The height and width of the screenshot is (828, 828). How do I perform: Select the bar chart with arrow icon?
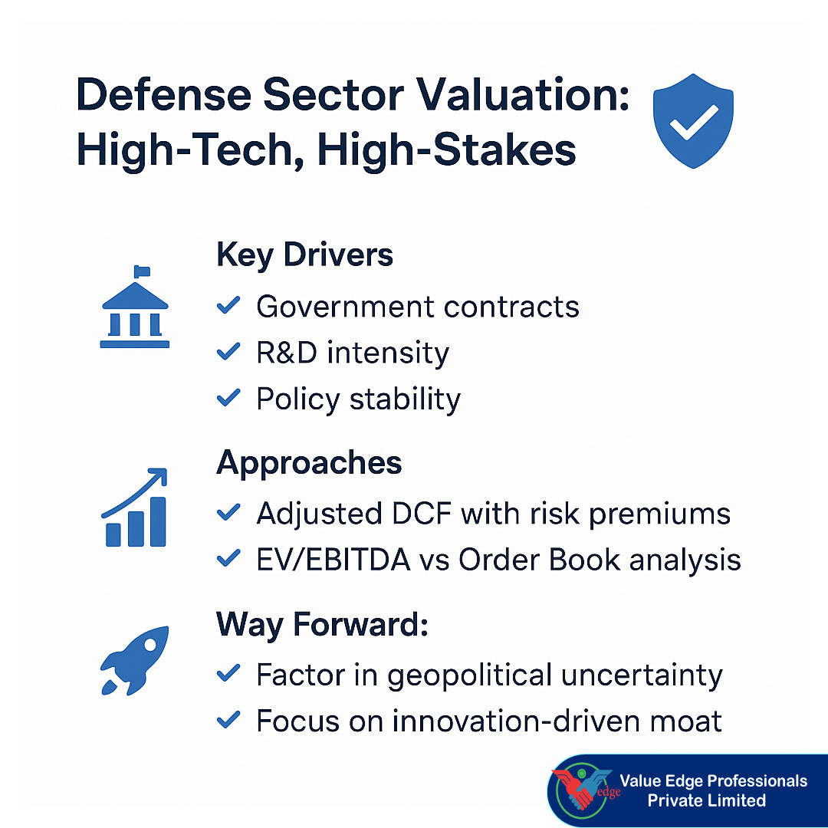pos(135,509)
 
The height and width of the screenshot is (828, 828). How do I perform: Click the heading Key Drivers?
pos(304,255)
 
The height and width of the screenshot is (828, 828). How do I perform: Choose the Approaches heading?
pos(309,463)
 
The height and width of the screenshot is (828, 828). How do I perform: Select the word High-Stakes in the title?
pos(446,150)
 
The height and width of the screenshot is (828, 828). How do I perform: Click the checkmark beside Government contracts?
pos(228,307)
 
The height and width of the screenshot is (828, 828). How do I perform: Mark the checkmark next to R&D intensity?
pos(228,353)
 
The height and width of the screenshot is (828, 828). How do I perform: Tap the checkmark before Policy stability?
pos(228,399)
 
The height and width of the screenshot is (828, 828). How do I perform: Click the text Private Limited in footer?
pos(706,801)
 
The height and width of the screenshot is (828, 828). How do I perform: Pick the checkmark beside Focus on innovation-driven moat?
pos(228,721)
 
